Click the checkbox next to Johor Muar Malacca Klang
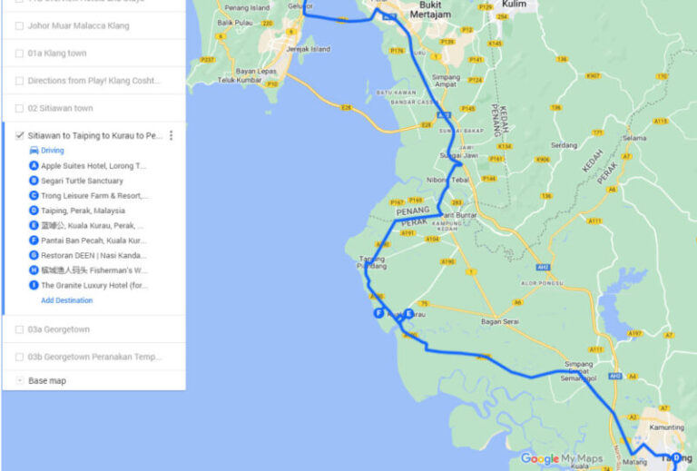click(x=20, y=26)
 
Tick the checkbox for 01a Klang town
click(x=20, y=54)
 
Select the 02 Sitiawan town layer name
click(x=60, y=108)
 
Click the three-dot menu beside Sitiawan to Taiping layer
click(x=171, y=135)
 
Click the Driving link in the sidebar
click(x=53, y=151)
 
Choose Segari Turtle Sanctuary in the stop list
click(x=82, y=181)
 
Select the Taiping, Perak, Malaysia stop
click(x=83, y=211)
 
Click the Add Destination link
click(x=66, y=300)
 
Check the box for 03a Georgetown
click(x=20, y=329)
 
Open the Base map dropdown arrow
click(x=20, y=381)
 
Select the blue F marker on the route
click(x=379, y=313)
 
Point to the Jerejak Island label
click(x=308, y=49)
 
